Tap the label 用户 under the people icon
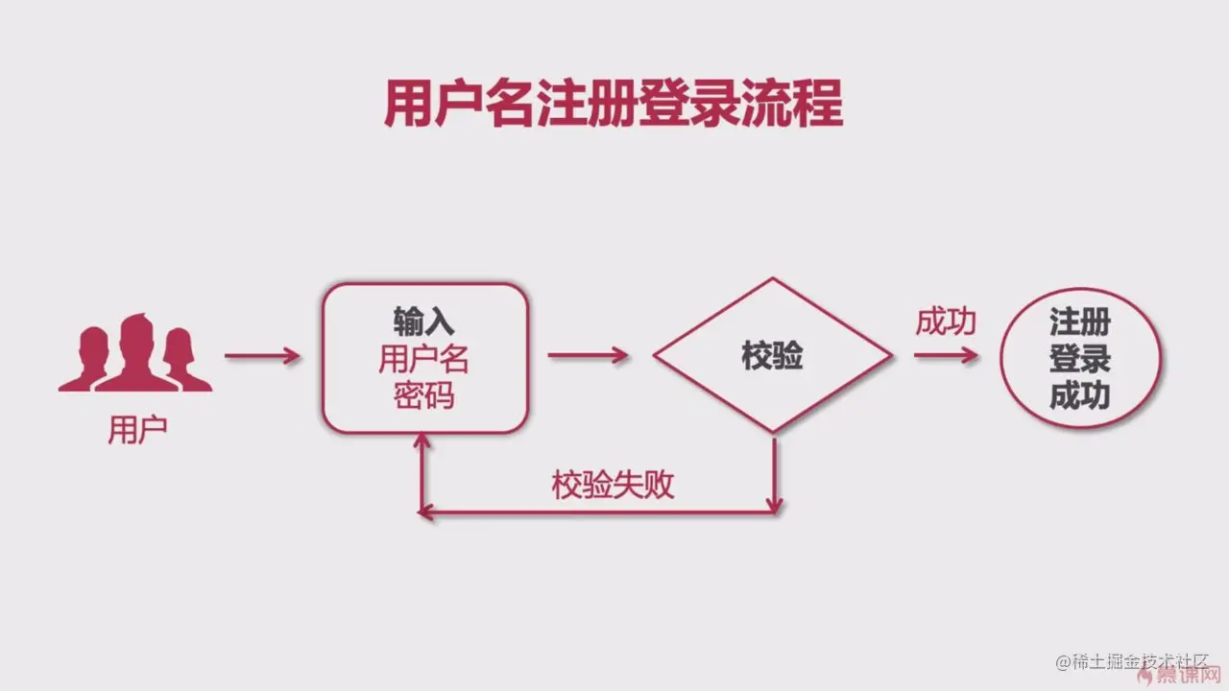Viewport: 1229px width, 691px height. click(x=137, y=429)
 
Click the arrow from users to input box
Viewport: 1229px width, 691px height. click(x=262, y=355)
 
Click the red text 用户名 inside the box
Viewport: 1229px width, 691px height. click(x=423, y=359)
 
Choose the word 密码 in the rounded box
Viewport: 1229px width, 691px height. click(x=423, y=396)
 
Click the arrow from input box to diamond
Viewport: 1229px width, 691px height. click(x=589, y=355)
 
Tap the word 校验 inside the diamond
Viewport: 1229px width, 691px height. click(x=772, y=356)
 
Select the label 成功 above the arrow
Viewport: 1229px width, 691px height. click(x=945, y=322)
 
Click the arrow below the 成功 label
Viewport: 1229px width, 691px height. click(x=946, y=355)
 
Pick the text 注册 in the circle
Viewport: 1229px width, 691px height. click(x=1079, y=322)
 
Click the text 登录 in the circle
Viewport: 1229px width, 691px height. click(x=1079, y=359)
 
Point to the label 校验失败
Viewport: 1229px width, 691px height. click(x=613, y=485)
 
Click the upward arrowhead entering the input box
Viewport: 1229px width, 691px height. click(x=419, y=442)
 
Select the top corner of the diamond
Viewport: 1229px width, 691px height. click(x=773, y=280)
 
